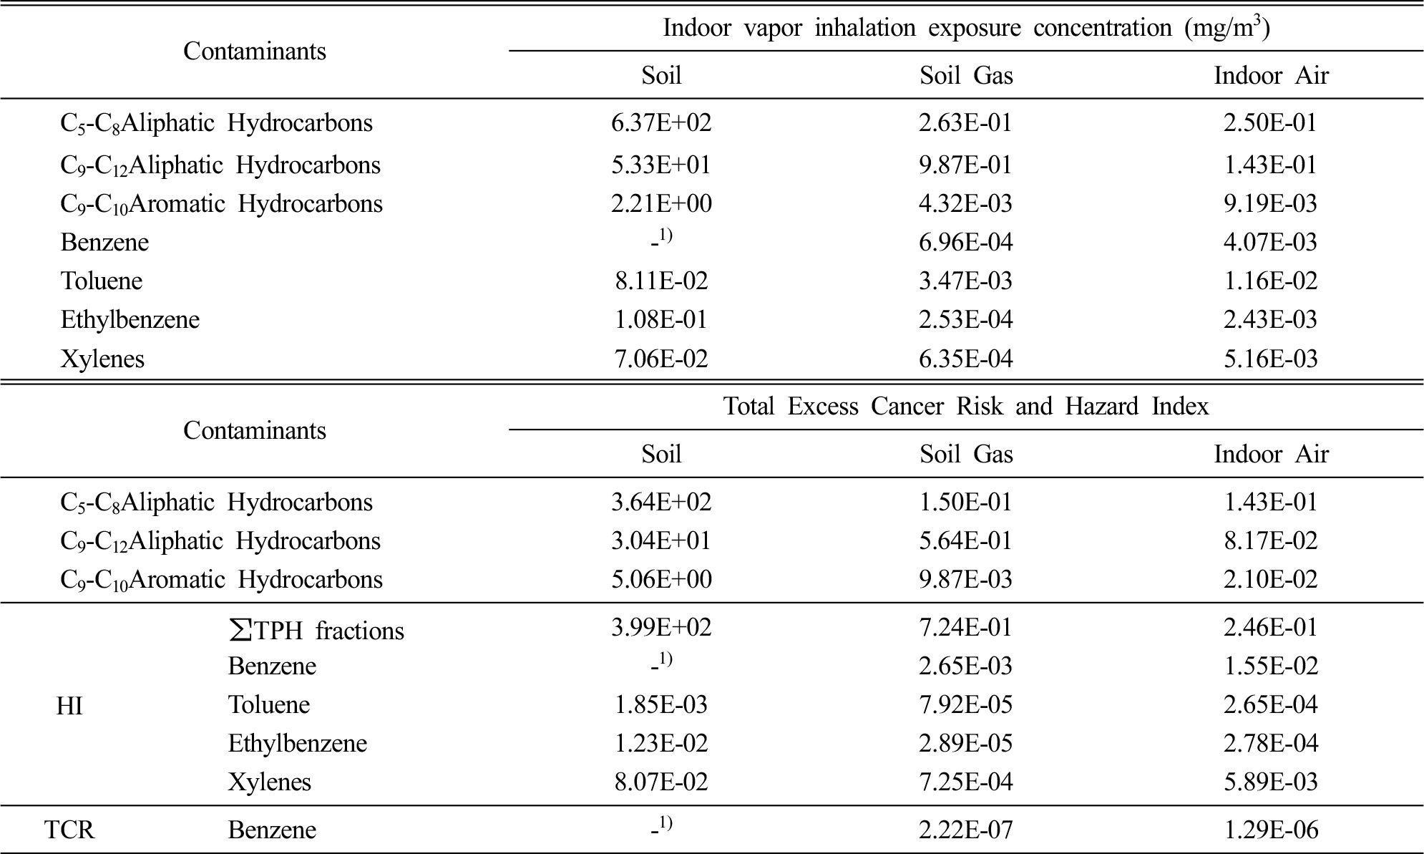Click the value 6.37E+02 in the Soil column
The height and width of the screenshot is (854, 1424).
click(x=661, y=123)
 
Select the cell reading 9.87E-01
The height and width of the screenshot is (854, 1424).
click(x=966, y=165)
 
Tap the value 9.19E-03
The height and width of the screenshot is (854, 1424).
click(x=1270, y=204)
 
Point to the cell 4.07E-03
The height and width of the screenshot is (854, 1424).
click(x=1270, y=243)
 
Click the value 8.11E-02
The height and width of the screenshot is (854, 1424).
click(x=661, y=281)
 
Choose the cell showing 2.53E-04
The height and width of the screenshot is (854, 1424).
click(x=966, y=319)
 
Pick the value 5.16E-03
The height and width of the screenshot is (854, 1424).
click(x=1270, y=359)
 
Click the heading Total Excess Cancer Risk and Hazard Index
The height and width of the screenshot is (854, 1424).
click(x=966, y=407)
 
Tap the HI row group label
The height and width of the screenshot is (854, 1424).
click(x=69, y=707)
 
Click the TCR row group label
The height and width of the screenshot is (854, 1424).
click(x=69, y=830)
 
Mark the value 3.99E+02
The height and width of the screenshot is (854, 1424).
click(x=661, y=628)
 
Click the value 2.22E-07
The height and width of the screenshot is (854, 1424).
click(x=966, y=830)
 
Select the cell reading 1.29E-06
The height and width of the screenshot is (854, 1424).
click(x=1270, y=830)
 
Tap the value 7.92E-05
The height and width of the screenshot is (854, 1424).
click(x=966, y=705)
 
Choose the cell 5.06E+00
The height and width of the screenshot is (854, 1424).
click(x=661, y=579)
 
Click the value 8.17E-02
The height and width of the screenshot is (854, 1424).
click(x=1270, y=540)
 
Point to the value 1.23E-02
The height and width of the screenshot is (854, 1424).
click(x=661, y=744)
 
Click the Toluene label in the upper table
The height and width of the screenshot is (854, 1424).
click(x=102, y=281)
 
